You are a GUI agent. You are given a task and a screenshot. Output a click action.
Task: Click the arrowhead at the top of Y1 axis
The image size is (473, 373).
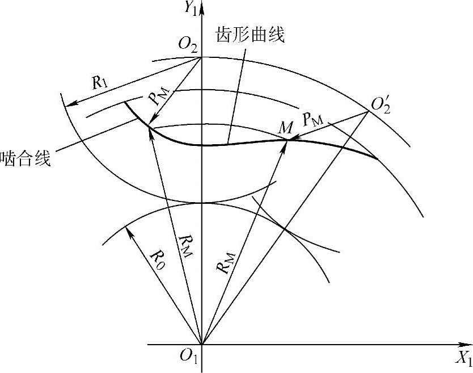click(x=202, y=5)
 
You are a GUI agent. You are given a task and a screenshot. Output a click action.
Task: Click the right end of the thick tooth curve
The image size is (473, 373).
click(x=377, y=158)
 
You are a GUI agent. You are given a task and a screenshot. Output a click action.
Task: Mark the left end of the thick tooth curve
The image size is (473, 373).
click(x=124, y=102)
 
